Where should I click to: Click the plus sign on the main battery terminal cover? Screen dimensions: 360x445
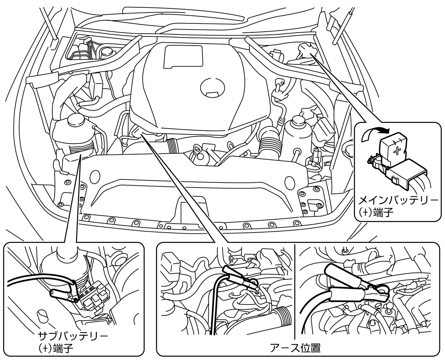coord(397,150)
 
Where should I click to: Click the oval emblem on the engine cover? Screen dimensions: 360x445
coord(213,85)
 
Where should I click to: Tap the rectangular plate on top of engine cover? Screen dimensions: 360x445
coord(182,56)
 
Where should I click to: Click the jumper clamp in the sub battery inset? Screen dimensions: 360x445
coord(64,291)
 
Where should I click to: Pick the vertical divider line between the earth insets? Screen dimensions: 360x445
coord(295,289)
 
